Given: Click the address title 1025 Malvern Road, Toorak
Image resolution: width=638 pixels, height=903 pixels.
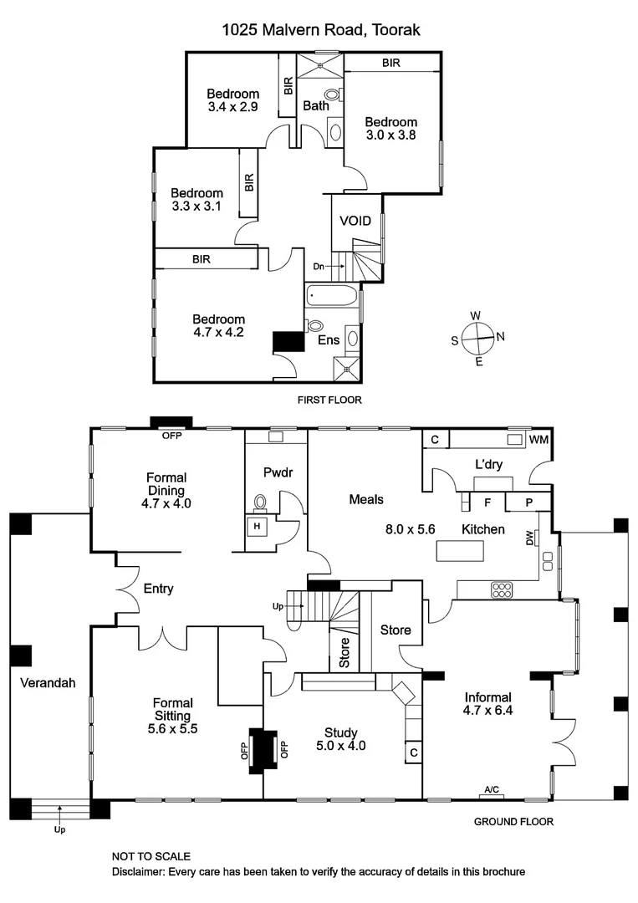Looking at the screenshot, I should click(x=320, y=30).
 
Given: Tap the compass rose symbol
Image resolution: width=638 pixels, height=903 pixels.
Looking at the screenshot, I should click(x=477, y=338).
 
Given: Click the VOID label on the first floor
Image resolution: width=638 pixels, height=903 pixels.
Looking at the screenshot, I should click(x=355, y=222).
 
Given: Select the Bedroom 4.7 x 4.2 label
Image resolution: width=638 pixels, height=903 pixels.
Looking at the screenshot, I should click(x=218, y=325).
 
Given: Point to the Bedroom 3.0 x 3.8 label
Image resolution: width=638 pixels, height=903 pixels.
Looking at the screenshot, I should click(x=390, y=128).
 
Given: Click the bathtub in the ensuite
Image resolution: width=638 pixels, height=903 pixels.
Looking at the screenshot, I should click(x=332, y=295).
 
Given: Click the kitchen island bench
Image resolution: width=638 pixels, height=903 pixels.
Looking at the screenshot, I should click(x=460, y=551).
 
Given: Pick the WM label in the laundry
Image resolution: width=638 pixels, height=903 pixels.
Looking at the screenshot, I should click(x=539, y=440).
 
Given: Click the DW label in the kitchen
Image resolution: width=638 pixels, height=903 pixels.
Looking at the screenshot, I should click(x=529, y=540).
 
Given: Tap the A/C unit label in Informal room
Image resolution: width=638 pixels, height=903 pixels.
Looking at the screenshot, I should click(x=491, y=789).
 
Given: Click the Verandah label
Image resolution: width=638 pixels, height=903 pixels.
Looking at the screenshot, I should click(x=48, y=682).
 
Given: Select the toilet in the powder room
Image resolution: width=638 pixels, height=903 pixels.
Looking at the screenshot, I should click(x=260, y=503).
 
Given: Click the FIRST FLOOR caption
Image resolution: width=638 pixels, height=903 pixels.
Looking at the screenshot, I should click(x=329, y=400).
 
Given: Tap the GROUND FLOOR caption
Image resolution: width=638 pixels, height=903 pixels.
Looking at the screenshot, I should click(x=513, y=822).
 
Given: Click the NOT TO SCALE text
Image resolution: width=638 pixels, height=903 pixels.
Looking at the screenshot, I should click(x=151, y=856).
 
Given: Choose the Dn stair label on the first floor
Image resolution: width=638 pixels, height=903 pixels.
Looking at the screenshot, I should click(x=319, y=266).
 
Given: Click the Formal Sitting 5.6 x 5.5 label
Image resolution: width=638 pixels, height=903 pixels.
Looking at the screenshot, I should click(x=172, y=710).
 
